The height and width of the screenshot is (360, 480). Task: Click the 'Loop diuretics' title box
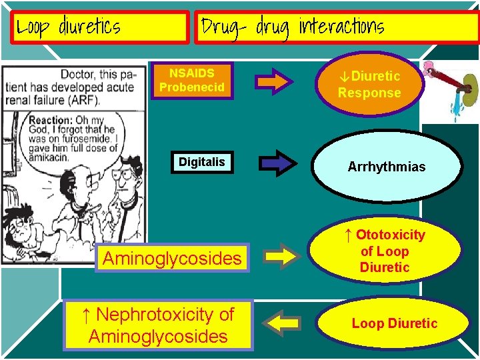pyautogui.click(x=100, y=27)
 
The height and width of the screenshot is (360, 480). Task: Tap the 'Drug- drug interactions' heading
pyautogui.click(x=336, y=27)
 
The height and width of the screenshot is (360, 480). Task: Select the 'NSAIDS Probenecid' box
pyautogui.click(x=192, y=80)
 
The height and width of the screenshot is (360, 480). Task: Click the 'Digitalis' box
pyautogui.click(x=201, y=162)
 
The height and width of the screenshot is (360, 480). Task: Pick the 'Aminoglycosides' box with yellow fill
pyautogui.click(x=172, y=257)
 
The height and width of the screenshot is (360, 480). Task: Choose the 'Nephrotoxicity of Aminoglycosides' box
pyautogui.click(x=158, y=325)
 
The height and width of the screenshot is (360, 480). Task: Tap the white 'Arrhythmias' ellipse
pyautogui.click(x=386, y=167)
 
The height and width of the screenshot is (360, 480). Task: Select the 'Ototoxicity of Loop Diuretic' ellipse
pyautogui.click(x=385, y=251)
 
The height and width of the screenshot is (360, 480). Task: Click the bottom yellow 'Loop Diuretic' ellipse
pyautogui.click(x=394, y=323)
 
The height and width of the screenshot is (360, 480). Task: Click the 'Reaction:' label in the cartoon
pyautogui.click(x=51, y=120)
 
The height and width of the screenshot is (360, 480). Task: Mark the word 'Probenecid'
pyautogui.click(x=192, y=87)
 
